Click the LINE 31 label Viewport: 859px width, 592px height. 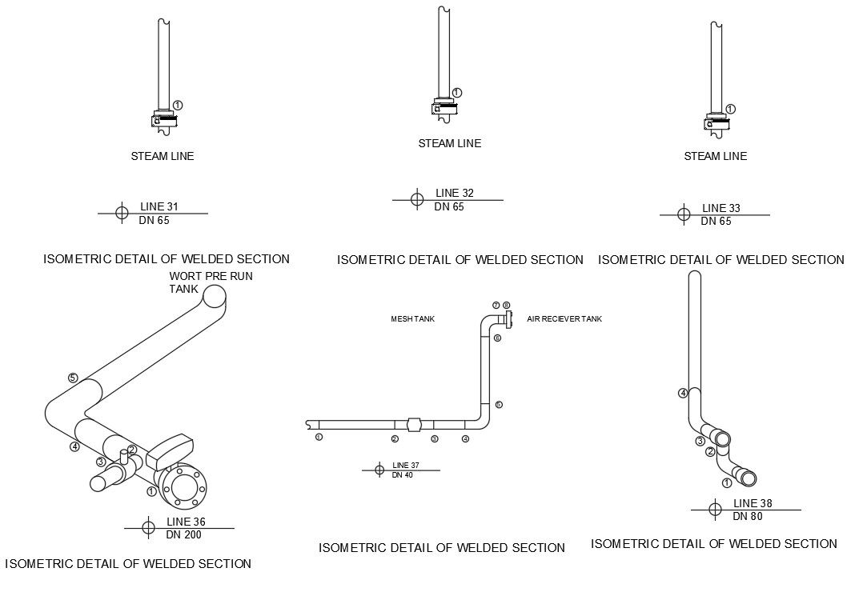click(x=159, y=207)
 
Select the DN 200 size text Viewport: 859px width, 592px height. click(x=184, y=534)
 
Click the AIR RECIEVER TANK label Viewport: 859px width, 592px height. click(x=564, y=319)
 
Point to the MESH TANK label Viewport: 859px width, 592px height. click(x=412, y=319)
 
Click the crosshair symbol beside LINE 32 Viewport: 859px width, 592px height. click(x=417, y=199)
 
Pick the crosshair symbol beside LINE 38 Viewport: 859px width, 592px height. click(x=717, y=509)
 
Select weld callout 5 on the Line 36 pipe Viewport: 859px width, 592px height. click(x=73, y=378)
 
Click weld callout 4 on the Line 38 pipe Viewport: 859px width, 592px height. click(x=683, y=393)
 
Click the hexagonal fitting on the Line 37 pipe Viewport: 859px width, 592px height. click(x=414, y=425)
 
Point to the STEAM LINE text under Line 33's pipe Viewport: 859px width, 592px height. click(x=715, y=157)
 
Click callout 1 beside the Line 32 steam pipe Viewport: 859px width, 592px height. click(x=456, y=93)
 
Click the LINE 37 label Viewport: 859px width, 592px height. click(x=405, y=466)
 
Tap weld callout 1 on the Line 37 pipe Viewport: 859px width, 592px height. click(x=319, y=438)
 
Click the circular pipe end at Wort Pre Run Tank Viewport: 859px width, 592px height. click(x=215, y=297)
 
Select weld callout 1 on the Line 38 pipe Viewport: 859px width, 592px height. click(x=727, y=482)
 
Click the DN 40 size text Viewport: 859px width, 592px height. click(x=402, y=475)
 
